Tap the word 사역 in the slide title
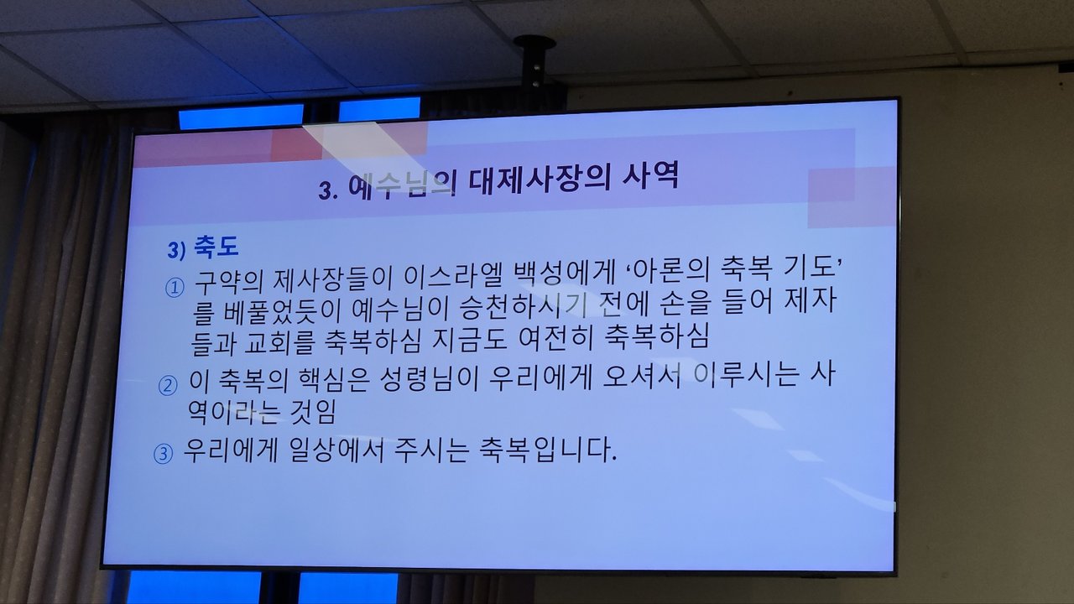pos(651,175)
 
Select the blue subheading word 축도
pos(216,247)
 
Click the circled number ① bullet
pos(175,288)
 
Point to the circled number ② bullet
pos(168,386)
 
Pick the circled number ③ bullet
pos(163,454)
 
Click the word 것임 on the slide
pos(313,412)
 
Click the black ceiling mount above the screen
pos(534,65)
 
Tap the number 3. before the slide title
pos(328,190)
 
